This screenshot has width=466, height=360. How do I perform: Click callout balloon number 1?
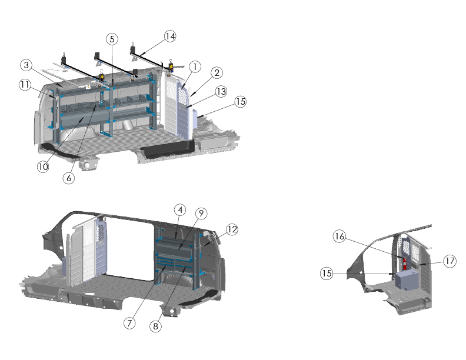pos(195,67)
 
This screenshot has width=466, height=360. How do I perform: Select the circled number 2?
pos(217,73)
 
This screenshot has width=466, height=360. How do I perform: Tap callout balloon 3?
pos(26,65)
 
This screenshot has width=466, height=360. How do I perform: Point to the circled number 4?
pos(181,210)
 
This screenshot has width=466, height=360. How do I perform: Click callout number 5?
pos(112,39)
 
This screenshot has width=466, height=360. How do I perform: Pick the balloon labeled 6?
pos(69,178)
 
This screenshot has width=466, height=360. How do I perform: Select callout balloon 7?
pos(129,323)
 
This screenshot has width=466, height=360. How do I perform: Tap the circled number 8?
pos(156,326)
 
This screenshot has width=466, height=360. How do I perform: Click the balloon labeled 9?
pos(201,214)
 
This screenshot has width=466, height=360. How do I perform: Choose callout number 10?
pos(43,166)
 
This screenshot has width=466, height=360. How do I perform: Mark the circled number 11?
pos(25,85)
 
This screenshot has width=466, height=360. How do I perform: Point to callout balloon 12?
pos(232,229)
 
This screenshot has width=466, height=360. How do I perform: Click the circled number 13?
pos(221,92)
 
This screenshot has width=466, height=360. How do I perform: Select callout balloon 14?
pos(170,36)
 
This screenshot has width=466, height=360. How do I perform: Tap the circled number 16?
pos(339,236)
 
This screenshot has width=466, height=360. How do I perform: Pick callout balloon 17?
pos(450,261)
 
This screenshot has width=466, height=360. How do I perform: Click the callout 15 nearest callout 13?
pos(241,102)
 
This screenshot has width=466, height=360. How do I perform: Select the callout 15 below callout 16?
pos(327,274)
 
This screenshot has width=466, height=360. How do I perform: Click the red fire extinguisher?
pos(404,264)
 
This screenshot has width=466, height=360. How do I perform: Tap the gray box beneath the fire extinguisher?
pos(407,279)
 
